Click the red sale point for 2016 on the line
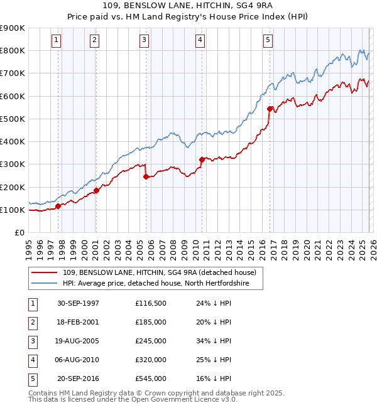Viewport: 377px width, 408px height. (270, 109)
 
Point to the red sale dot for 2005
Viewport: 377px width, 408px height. (146, 176)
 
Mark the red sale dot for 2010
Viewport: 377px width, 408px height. (202, 159)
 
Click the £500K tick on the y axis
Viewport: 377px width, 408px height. (13, 119)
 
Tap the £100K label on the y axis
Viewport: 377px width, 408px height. (13, 210)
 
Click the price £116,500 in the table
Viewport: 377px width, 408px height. (150, 303)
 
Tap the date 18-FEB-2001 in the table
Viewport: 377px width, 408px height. (78, 322)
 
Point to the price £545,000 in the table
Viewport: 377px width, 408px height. (150, 378)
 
